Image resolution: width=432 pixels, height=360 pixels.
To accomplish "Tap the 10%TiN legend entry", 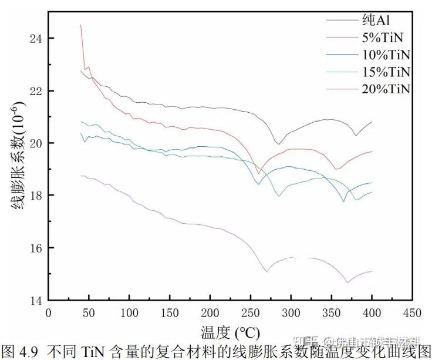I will [x=387, y=55].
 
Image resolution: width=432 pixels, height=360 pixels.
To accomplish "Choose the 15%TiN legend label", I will [x=387, y=72].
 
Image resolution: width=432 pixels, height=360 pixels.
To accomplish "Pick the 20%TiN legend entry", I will [x=387, y=89].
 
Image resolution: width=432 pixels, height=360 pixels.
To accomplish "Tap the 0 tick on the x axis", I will [x=49, y=312].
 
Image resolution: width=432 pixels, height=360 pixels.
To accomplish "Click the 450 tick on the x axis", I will [x=412, y=312].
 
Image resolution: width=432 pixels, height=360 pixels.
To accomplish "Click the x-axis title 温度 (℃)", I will [x=230, y=332].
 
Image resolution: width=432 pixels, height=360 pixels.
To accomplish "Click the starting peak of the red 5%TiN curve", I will [x=80, y=25].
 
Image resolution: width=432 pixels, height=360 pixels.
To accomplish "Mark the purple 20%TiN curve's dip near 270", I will [x=266, y=271].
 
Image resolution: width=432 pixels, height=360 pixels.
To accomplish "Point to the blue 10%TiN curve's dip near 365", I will [x=344, y=201].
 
